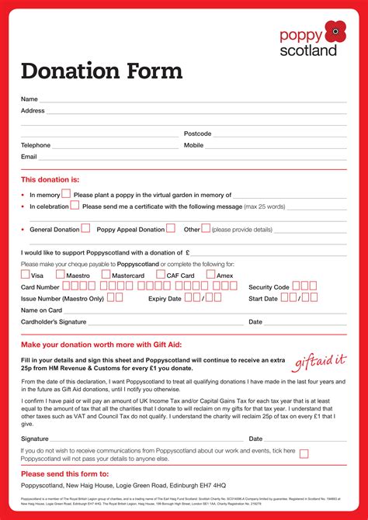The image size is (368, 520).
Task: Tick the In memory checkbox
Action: [66, 194]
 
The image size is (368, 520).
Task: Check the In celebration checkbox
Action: [75, 206]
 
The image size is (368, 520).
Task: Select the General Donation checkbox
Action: [85, 228]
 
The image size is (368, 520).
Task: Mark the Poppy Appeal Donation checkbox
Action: [171, 228]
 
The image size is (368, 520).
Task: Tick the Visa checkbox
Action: [26, 274]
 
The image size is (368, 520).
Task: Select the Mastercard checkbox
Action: [106, 274]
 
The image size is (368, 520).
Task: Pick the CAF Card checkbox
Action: [161, 274]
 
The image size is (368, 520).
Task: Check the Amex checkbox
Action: [210, 274]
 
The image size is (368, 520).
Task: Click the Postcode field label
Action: [197, 133]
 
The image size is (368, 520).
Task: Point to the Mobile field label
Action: [193, 145]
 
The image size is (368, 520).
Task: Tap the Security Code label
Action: [269, 287]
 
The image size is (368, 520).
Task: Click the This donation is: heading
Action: [50, 179]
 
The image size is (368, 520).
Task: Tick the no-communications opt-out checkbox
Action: [304, 453]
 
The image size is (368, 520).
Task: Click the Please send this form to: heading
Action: [64, 473]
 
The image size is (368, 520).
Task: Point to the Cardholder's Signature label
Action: [54, 321]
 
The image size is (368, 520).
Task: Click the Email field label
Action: [29, 156]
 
